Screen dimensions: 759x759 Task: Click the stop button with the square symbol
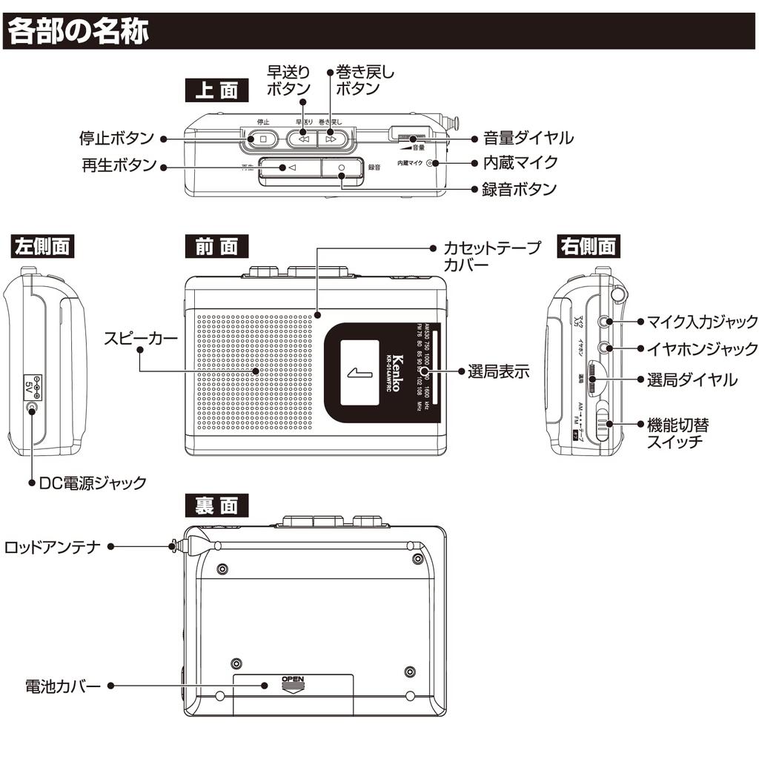coord(262,139)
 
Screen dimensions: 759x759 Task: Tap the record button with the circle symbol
coord(342,168)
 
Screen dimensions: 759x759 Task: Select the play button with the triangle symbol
coord(290,168)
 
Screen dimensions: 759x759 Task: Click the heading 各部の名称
coord(79,31)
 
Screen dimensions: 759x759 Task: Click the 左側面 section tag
coord(42,246)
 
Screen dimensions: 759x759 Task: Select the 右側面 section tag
coord(589,246)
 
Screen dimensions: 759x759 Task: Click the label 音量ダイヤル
coord(528,138)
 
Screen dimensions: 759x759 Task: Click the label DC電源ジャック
coord(93,483)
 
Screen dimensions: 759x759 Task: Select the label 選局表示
coord(498,371)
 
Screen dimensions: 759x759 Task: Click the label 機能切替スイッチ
coord(677,434)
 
